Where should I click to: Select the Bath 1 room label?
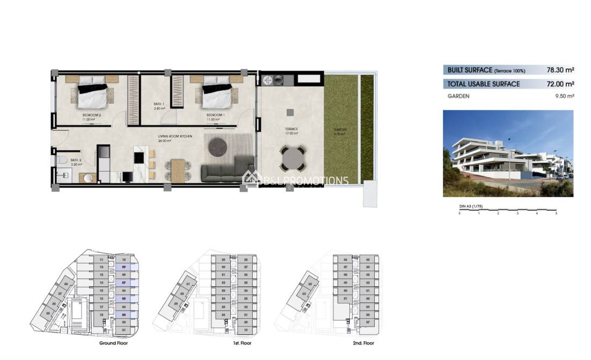[x=159, y=106]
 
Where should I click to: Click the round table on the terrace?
[x=293, y=159]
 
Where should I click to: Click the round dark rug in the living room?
[x=218, y=146]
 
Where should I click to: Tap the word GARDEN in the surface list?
[x=458, y=97]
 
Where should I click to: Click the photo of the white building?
[x=508, y=153]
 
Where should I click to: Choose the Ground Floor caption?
[x=113, y=343]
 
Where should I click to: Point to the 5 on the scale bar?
[x=556, y=214]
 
